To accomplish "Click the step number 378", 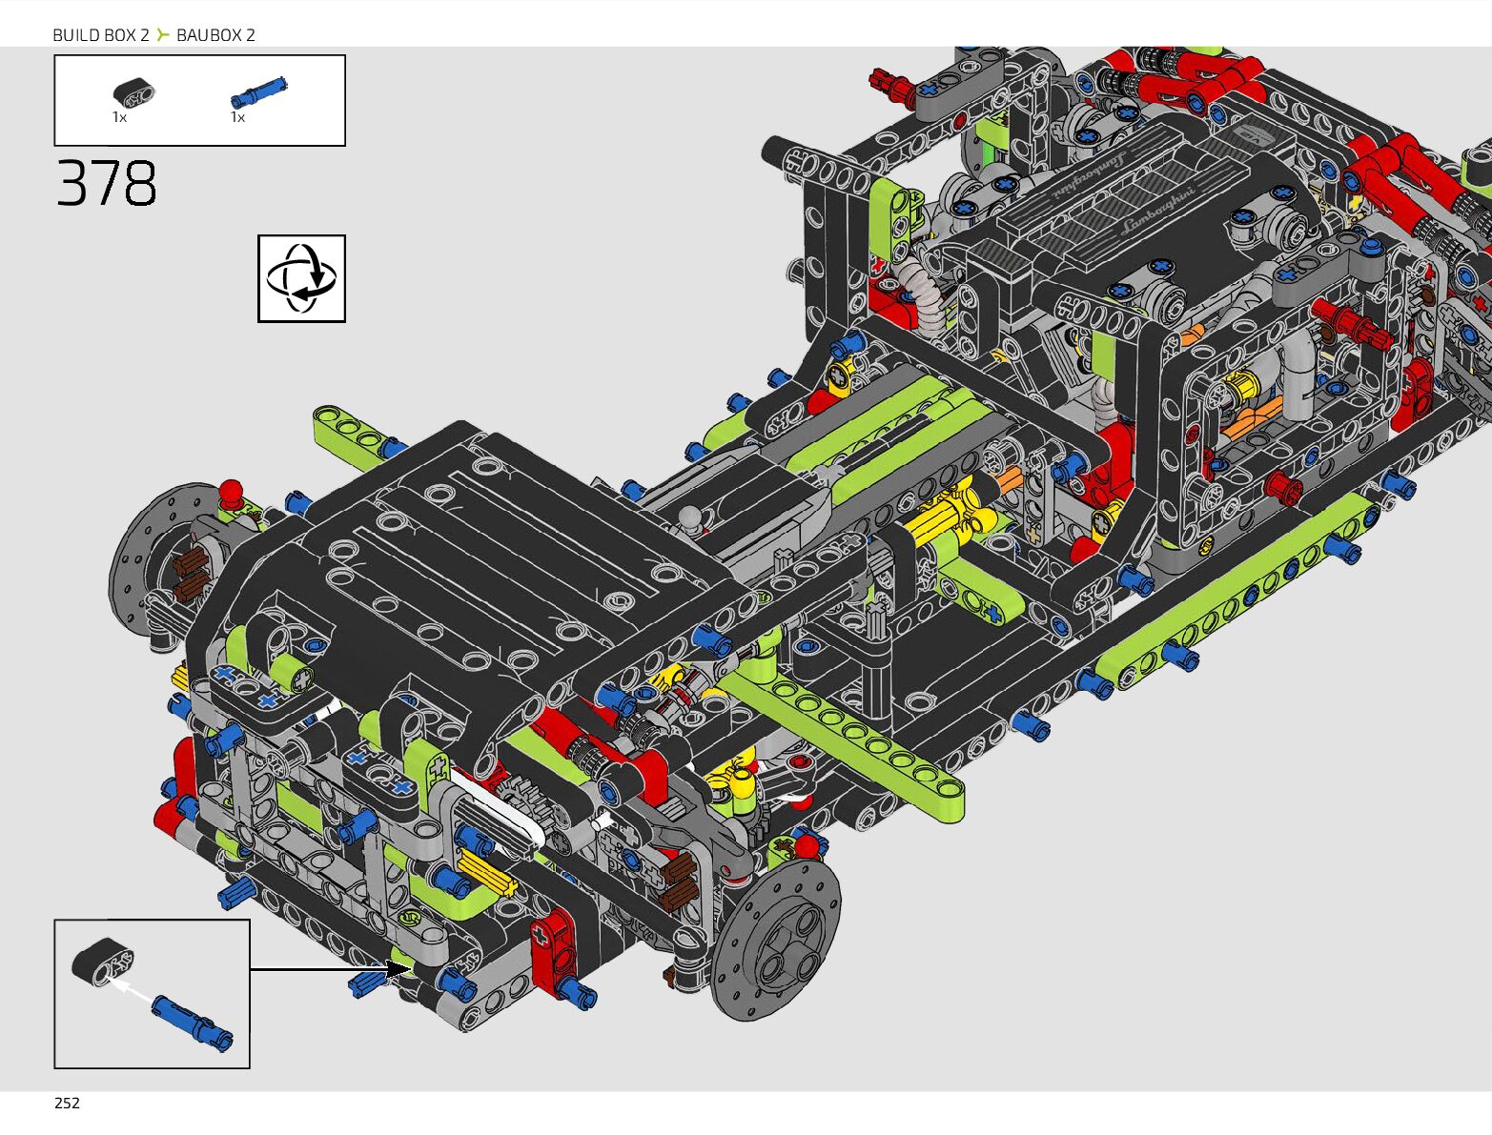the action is (106, 183).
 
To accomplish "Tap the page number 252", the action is (67, 1104).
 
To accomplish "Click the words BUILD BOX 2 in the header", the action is (101, 35).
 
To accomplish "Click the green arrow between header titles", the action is (162, 34).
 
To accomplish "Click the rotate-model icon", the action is (301, 278).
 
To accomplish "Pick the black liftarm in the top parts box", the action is (133, 93).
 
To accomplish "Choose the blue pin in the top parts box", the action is (259, 92).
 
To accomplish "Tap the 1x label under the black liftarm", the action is (119, 117).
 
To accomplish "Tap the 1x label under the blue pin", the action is (238, 117).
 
